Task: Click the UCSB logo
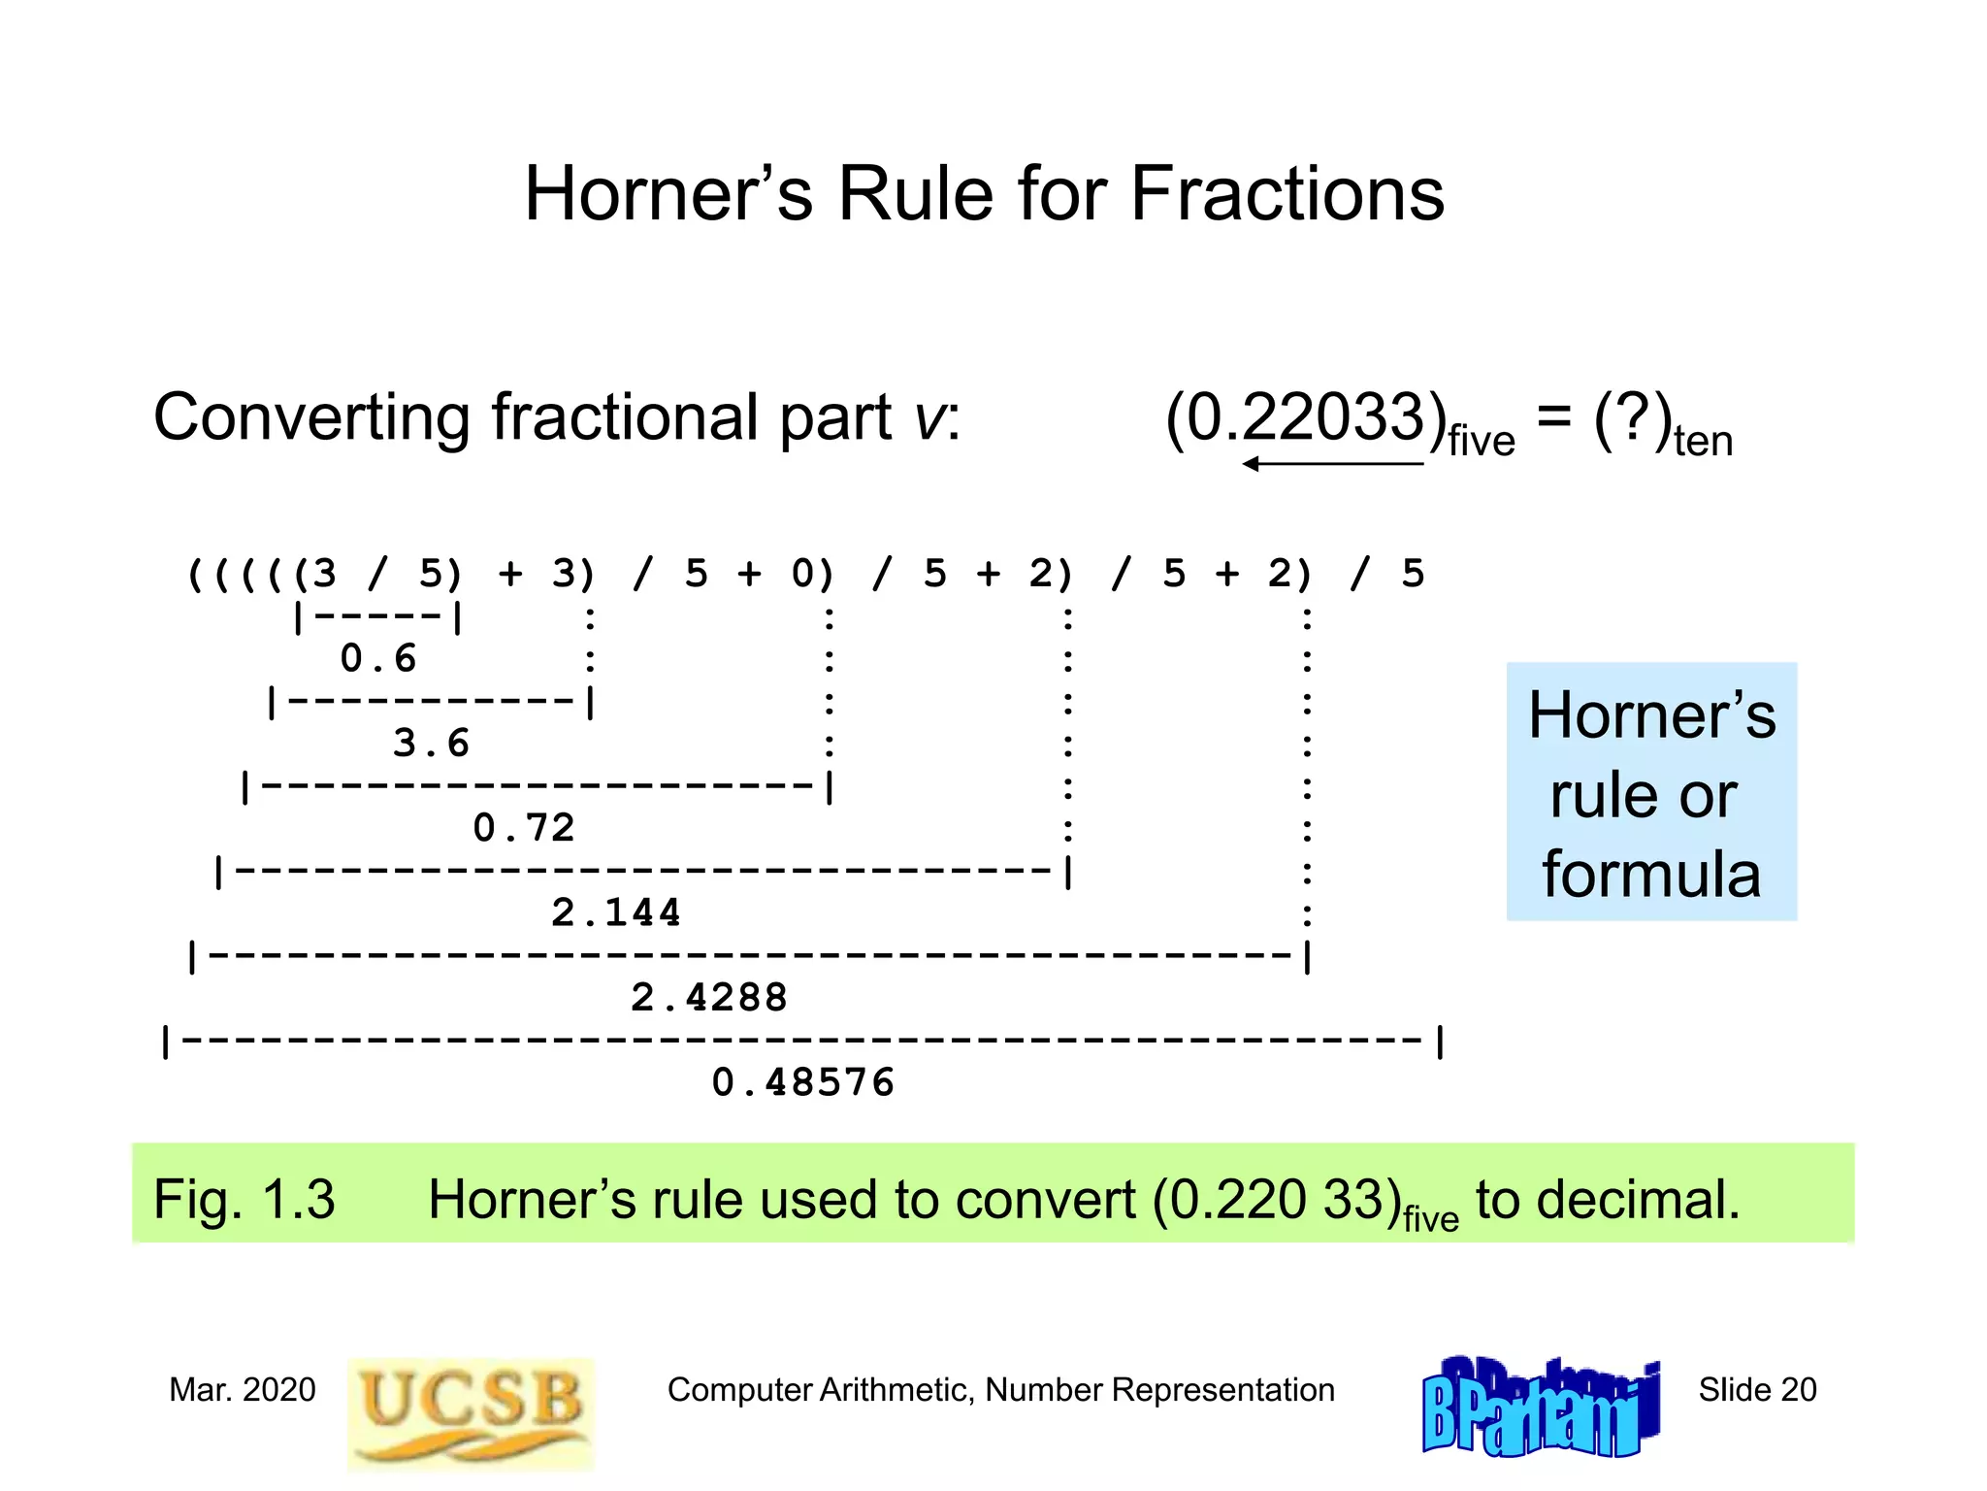(471, 1412)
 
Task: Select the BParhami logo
(1540, 1408)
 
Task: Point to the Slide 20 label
(1757, 1390)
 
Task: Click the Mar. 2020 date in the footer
(243, 1390)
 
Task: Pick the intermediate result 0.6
(378, 659)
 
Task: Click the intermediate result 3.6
(431, 744)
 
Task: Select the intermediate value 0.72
(524, 828)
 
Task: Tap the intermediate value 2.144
(616, 912)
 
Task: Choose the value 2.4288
(709, 998)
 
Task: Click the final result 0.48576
(803, 1082)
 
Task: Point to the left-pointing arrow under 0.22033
(1332, 464)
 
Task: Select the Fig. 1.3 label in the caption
(244, 1199)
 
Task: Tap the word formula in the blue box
(1651, 874)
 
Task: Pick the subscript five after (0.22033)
(1482, 442)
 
